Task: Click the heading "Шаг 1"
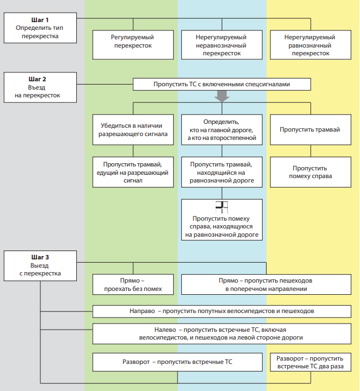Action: pos(40,20)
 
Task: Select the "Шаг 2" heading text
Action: pos(37,79)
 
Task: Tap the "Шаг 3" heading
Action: pos(40,257)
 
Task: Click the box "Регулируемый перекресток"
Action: pos(133,45)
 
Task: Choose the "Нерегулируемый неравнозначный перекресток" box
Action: pos(222,45)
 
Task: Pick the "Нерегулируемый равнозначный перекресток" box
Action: pos(311,45)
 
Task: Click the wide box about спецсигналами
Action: pos(222,84)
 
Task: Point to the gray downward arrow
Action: pos(222,96)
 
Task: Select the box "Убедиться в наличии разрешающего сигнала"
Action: pos(133,129)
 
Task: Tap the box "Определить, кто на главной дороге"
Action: pos(222,129)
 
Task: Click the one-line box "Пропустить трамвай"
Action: pos(311,129)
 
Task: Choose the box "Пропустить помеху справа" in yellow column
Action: pos(311,172)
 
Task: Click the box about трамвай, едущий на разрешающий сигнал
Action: pos(133,172)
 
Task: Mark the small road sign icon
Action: pos(222,207)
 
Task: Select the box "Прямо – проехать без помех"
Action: pos(133,284)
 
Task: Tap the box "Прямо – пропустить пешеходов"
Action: pos(266,284)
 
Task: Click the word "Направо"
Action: pos(142,311)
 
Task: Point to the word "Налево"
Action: pos(165,330)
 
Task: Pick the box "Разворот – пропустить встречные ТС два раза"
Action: pos(311,362)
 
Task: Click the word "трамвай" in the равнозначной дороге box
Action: pos(240,165)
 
